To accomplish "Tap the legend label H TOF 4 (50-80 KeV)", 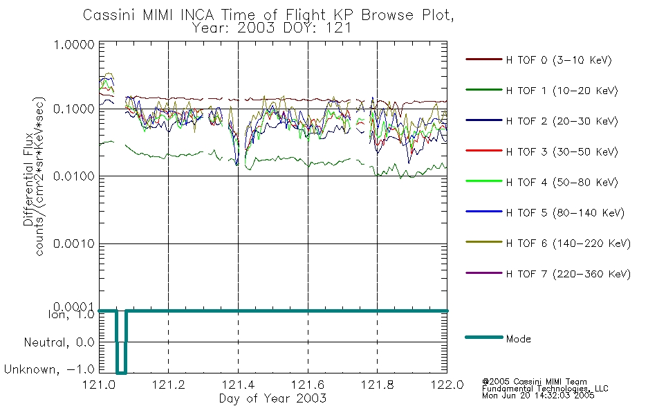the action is pos(562,183).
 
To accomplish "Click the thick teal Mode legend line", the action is pos(484,338).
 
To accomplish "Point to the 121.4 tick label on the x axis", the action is pos(238,385).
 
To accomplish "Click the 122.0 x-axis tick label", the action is pos(447,385).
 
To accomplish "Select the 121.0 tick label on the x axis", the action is pos(99,385).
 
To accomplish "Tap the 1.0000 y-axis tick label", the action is pos(74,45).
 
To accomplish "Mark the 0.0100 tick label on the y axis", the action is pos(74,176).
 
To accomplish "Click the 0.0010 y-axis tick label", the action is pos(74,243).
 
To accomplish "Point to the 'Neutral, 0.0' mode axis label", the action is pos(59,343).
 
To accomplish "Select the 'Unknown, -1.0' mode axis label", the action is pos(49,370).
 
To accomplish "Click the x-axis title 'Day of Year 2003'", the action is pos(272,398).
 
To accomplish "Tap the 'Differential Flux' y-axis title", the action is pos(28,179).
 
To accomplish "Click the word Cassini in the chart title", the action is pos(110,15).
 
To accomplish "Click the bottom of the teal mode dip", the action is pos(121,373).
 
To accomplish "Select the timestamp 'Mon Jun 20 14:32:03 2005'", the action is pos(538,396).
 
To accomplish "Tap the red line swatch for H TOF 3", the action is pos(484,151).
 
